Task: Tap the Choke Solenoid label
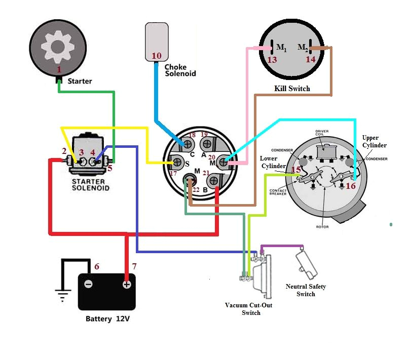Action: pos(180,70)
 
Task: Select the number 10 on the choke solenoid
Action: pos(157,56)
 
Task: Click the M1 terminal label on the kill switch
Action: pos(281,48)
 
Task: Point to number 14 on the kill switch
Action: pos(310,59)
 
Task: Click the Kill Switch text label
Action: pos(291,89)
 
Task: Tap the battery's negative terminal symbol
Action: pos(88,284)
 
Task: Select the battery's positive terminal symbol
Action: pos(126,284)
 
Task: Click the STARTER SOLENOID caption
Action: pos(89,185)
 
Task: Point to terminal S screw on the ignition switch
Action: pos(178,163)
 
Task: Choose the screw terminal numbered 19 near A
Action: pos(205,144)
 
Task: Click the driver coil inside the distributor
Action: pos(327,152)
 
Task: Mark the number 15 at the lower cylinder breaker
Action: pos(296,170)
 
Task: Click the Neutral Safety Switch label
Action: pos(305,290)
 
